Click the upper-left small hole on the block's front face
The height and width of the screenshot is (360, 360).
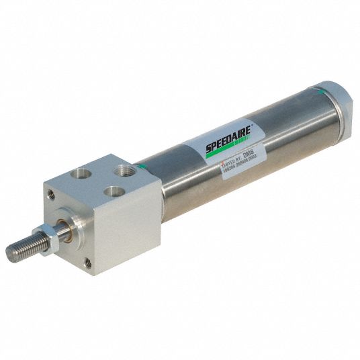pyautogui.click(x=51, y=194)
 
